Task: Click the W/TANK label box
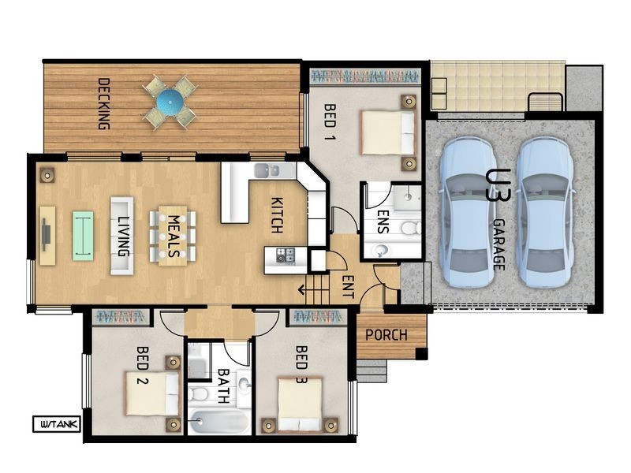click(57, 424)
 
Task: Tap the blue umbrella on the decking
click(170, 102)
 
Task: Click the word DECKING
click(104, 104)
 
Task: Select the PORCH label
click(386, 334)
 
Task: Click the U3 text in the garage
click(498, 185)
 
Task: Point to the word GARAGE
click(499, 244)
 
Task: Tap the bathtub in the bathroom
click(219, 422)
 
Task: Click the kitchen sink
click(267, 170)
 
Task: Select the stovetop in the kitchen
click(286, 255)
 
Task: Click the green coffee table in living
click(83, 236)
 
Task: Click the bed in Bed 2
click(152, 393)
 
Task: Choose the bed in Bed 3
click(301, 404)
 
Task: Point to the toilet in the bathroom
click(197, 393)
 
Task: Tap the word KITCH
click(277, 215)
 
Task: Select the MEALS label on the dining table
click(173, 236)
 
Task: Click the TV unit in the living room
click(47, 236)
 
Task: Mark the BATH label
click(223, 386)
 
